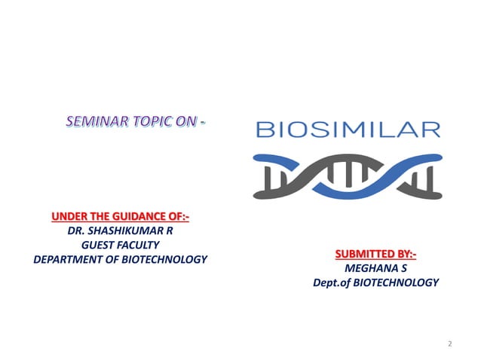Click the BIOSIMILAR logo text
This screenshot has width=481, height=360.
348,130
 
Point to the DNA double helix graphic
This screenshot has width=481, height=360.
347,172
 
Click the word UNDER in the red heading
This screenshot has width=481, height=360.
71,218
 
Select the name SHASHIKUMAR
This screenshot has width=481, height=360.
124,232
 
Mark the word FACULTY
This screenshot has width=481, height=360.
141,246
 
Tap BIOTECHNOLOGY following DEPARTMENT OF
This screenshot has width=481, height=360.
164,260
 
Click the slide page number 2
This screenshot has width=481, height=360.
449,344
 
